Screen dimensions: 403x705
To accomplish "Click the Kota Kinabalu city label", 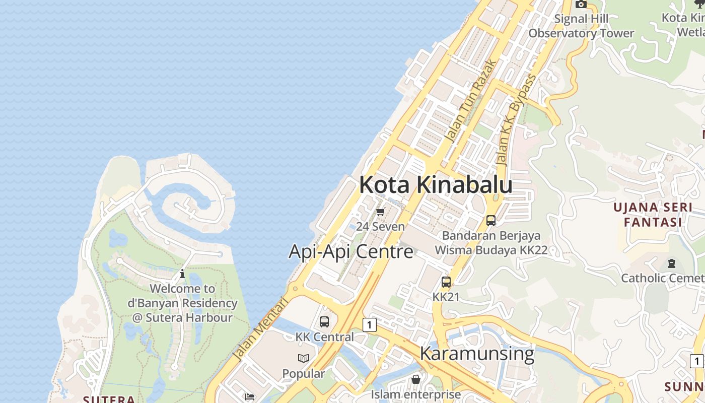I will click(x=436, y=184).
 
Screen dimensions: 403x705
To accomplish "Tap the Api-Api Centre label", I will click(x=350, y=251).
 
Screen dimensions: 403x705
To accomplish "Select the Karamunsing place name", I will click(x=476, y=353).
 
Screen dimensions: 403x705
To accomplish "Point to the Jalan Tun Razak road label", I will click(x=471, y=101).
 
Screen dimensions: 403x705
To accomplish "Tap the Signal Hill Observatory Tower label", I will click(x=581, y=26).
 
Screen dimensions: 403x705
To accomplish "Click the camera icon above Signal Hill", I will click(x=581, y=4).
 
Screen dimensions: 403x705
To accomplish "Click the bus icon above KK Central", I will click(x=324, y=321).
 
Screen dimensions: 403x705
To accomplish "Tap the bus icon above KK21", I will click(x=446, y=282).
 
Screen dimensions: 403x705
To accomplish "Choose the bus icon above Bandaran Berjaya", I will click(x=491, y=221).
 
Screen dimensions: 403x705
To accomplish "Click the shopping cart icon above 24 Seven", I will click(x=381, y=212).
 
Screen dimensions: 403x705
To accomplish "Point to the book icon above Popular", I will click(x=304, y=359).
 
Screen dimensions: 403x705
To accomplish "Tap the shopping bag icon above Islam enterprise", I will click(x=416, y=379).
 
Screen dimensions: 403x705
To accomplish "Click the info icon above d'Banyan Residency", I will click(x=182, y=275).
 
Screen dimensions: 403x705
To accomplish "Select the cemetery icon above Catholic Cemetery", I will click(x=671, y=263).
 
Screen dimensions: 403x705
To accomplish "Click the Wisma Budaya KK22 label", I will click(x=491, y=250).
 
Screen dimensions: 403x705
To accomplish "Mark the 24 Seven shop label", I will click(x=380, y=227).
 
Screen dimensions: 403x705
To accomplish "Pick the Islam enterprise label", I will click(x=416, y=394).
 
